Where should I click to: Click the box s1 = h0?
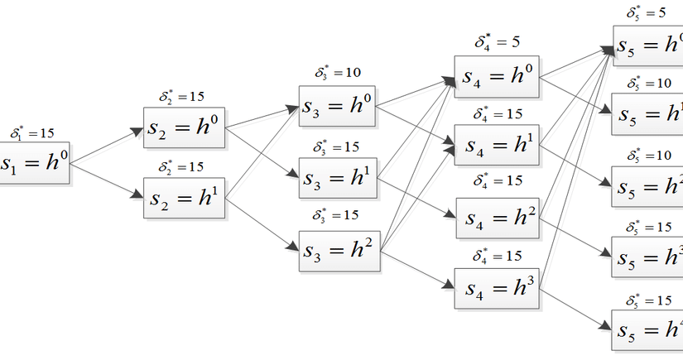[x=34, y=162]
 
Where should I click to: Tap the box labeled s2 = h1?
[x=184, y=198]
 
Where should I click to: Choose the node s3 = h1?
[x=339, y=175]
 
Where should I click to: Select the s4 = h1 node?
[x=496, y=144]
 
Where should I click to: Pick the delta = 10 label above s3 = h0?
[x=337, y=74]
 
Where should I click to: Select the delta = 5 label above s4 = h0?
[x=497, y=42]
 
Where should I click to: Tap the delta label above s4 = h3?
[x=496, y=257]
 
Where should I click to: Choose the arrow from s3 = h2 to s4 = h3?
[x=418, y=267]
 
